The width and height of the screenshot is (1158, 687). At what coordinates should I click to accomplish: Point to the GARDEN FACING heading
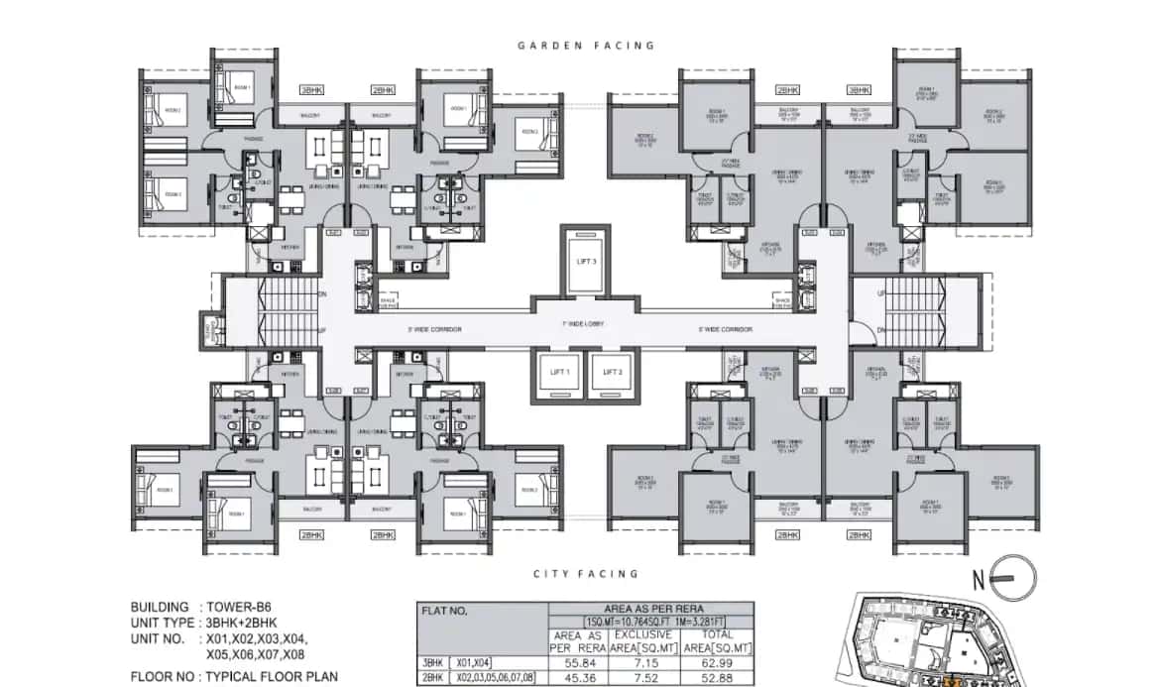pyautogui.click(x=586, y=46)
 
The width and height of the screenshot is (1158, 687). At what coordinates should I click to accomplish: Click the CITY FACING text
pyautogui.click(x=586, y=574)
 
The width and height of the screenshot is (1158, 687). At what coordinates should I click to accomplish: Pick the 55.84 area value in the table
pyautogui.click(x=579, y=659)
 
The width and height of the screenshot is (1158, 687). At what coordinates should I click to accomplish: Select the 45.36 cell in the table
pyautogui.click(x=579, y=678)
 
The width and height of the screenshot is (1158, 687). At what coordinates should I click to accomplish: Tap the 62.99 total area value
pyautogui.click(x=717, y=659)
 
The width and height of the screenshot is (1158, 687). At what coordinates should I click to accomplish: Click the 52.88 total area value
pyautogui.click(x=717, y=678)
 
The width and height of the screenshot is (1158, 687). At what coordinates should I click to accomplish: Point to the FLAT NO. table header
pyautogui.click(x=445, y=611)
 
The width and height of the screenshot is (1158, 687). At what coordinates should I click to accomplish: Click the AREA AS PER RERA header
pyautogui.click(x=644, y=609)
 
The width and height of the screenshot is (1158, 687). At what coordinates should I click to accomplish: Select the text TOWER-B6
pyautogui.click(x=239, y=607)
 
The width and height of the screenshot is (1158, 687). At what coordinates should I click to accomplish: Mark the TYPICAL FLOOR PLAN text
pyautogui.click(x=273, y=678)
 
